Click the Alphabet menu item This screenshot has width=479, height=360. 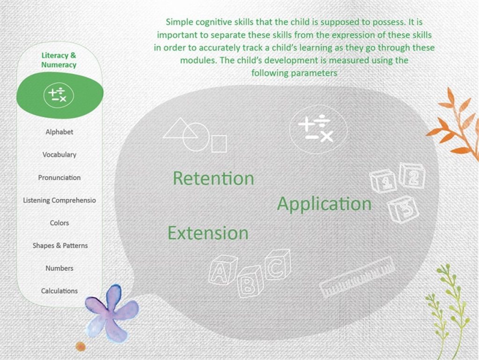coord(59,132)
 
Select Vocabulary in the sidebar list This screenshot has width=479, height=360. coord(59,154)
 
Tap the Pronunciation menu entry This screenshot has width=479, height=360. coord(59,177)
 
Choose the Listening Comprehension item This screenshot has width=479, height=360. coord(59,200)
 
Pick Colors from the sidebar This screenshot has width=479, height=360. coord(59,223)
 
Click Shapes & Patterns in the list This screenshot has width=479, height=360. coord(60,245)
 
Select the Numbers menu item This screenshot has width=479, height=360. coord(59,268)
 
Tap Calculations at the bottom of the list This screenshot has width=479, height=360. coord(59,291)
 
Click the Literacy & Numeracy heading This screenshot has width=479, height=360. coord(58,60)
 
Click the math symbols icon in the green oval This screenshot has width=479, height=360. coord(58,95)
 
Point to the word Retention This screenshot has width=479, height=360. coord(213,178)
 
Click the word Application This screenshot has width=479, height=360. coord(324,204)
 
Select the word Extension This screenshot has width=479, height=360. coord(208,233)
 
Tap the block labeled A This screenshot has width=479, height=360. coord(222,270)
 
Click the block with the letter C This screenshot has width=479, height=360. coord(278,265)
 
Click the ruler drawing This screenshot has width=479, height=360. coord(357,277)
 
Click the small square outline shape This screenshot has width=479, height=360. coord(219,144)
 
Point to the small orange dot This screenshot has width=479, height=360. coord(80,346)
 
